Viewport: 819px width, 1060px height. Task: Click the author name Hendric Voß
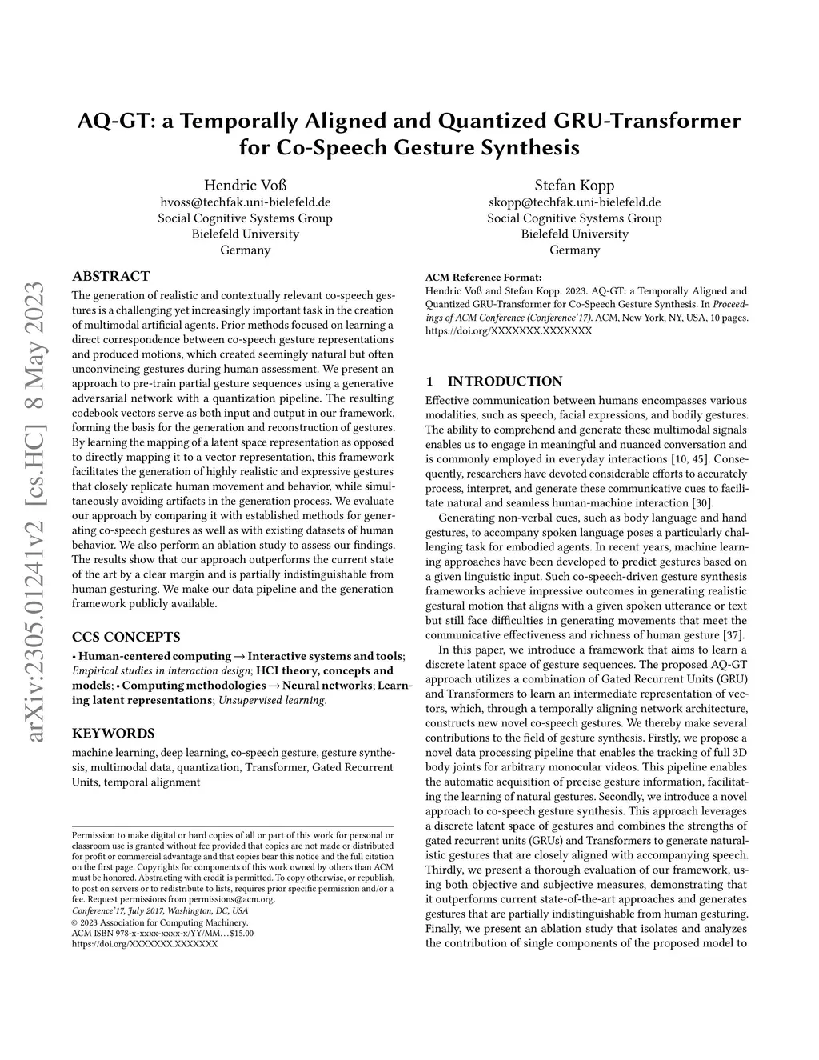tap(245, 185)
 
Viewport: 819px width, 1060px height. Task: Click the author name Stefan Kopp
tap(574, 185)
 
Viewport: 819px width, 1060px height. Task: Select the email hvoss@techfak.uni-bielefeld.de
tap(245, 202)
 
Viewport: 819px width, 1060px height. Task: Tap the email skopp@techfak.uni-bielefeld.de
tap(574, 202)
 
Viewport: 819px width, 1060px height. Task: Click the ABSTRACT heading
tap(110, 276)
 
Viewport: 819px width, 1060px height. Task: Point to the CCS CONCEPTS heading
tap(126, 637)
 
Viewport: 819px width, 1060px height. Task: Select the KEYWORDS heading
tap(113, 733)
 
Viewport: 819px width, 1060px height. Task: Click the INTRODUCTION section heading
tap(504, 381)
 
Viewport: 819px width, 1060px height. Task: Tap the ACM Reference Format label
tap(483, 278)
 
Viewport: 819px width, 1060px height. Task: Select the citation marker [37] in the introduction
tap(736, 634)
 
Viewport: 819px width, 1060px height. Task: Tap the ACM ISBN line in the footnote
tap(162, 933)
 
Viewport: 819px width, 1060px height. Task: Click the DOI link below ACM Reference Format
tap(509, 330)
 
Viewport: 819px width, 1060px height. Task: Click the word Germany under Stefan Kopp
tap(574, 250)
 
